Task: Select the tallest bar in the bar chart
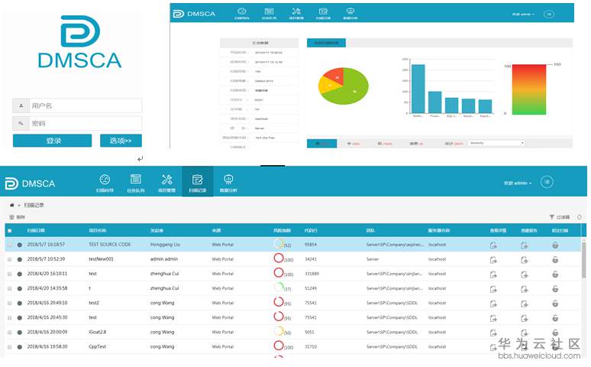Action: point(418,89)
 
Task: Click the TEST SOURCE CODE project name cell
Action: point(110,245)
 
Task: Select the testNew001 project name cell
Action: point(101,259)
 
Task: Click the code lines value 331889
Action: point(312,273)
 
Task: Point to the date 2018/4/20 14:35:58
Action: point(47,288)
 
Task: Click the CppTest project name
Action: point(98,346)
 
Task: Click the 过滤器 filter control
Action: point(562,218)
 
